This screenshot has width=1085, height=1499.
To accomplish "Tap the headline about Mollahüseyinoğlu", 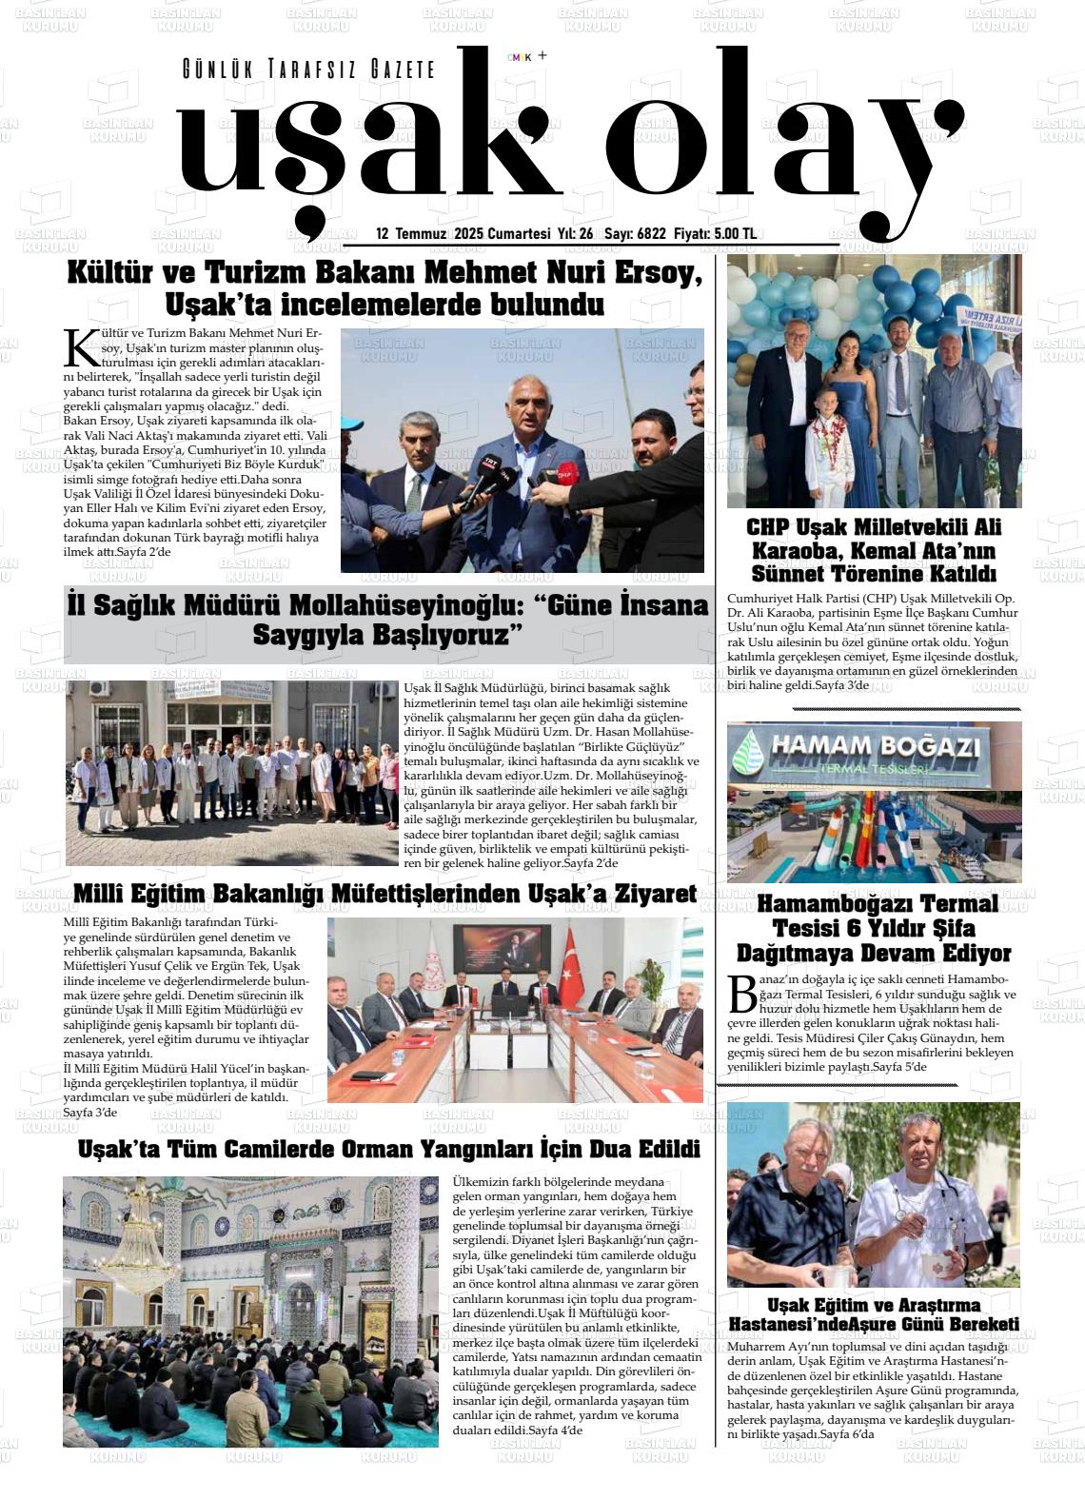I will click(x=388, y=620).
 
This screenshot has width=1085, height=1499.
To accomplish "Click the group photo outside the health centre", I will click(x=231, y=773).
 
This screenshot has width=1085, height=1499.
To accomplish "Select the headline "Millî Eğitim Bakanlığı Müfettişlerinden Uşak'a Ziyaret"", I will click(x=385, y=894).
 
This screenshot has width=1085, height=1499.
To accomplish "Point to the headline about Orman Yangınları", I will click(x=388, y=1149).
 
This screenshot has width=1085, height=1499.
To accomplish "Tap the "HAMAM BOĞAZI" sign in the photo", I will click(x=873, y=745).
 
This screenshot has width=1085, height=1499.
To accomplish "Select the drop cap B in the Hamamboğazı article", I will click(x=741, y=994).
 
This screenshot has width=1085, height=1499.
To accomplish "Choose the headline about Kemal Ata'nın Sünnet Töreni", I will click(x=874, y=550).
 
